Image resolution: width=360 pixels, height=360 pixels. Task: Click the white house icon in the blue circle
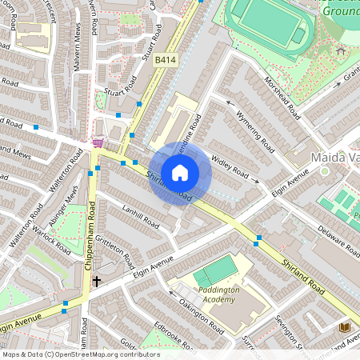(180, 172)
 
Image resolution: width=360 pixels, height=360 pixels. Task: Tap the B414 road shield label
(166, 60)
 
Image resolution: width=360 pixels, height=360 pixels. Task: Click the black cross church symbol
(97, 281)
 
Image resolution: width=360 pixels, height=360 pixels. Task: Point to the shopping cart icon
(98, 143)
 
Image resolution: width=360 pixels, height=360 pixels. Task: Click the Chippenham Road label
(90, 240)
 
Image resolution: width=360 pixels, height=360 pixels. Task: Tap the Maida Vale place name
(334, 158)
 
